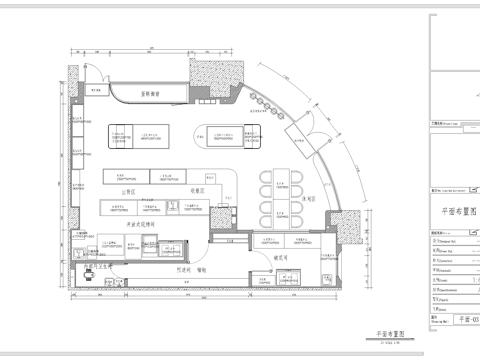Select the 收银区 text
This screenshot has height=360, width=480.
point(198,190)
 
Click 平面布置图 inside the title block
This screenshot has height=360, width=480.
point(454,212)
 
